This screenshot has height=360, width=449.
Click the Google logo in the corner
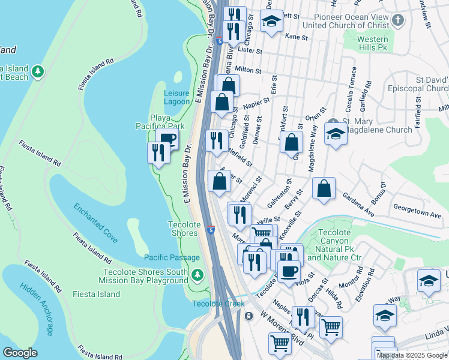20,352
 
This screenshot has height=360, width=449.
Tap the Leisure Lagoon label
176,97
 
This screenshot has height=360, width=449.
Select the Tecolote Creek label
218,304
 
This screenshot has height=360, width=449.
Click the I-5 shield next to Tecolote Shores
211,229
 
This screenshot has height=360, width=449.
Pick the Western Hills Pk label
373,44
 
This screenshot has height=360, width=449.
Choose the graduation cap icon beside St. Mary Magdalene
336,134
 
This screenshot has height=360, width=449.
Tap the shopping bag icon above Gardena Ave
324,189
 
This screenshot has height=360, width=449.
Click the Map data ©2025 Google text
412,355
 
